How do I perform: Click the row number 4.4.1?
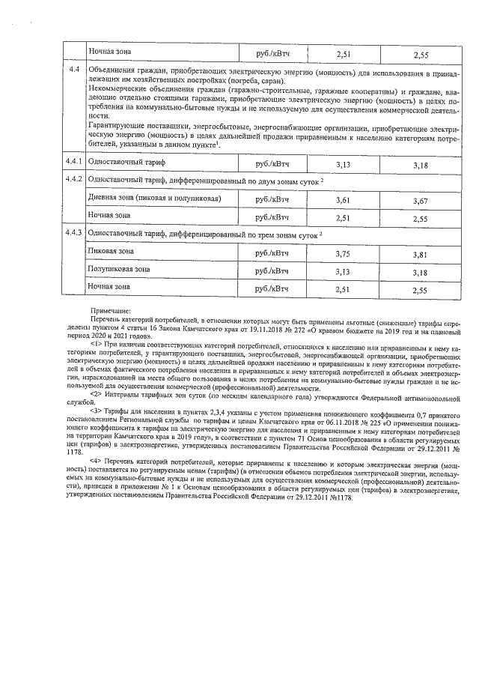73,162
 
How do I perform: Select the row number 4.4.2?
73,181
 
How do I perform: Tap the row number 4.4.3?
73,234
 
